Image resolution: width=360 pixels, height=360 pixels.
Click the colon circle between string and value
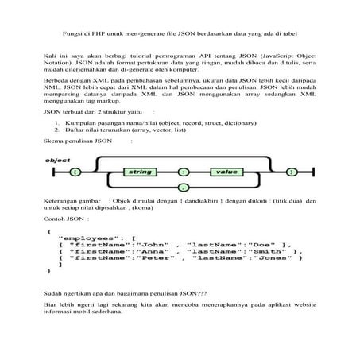(x=184, y=172)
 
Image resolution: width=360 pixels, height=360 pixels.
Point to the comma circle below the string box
(x=183, y=188)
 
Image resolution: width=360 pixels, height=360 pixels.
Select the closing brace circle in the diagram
(x=291, y=172)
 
